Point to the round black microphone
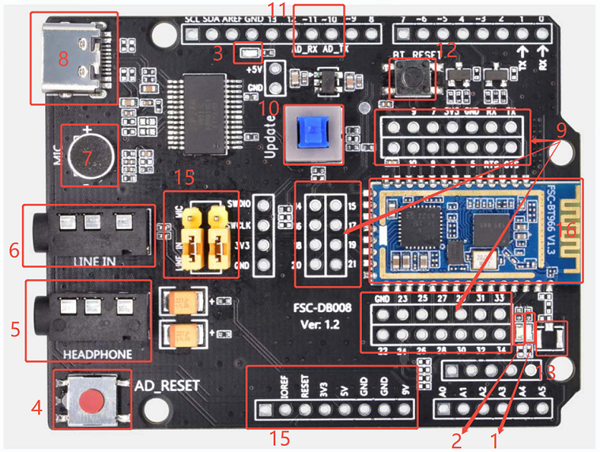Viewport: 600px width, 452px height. coord(89,154)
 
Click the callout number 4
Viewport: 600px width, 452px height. coord(36,409)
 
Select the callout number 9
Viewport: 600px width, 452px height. coord(560,126)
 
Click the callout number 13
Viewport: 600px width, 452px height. coord(545,370)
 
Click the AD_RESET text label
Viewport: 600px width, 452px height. coord(168,387)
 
